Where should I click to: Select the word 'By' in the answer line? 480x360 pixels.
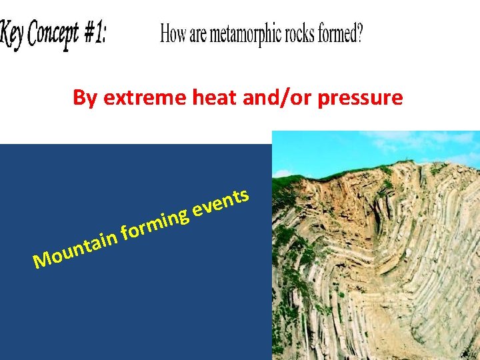click(84, 99)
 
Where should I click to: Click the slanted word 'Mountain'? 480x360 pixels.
click(77, 247)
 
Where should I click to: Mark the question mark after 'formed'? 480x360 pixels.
click(360, 34)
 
